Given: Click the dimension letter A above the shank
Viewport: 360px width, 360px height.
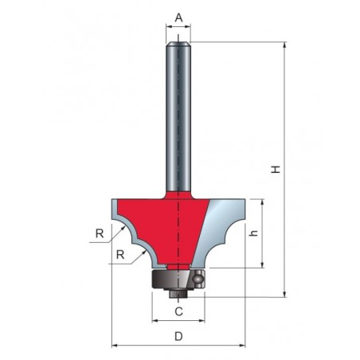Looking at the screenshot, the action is tap(179, 18).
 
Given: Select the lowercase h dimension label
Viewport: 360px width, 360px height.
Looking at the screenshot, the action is tap(254, 233).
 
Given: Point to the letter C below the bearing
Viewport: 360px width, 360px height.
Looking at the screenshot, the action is tap(178, 311).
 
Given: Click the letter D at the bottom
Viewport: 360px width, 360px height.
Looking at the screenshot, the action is tap(178, 336).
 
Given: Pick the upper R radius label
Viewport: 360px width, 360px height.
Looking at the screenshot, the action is tap(100, 233).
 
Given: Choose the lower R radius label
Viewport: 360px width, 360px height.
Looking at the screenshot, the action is tap(120, 255).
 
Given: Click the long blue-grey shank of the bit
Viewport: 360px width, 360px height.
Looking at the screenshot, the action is tap(178, 117).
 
